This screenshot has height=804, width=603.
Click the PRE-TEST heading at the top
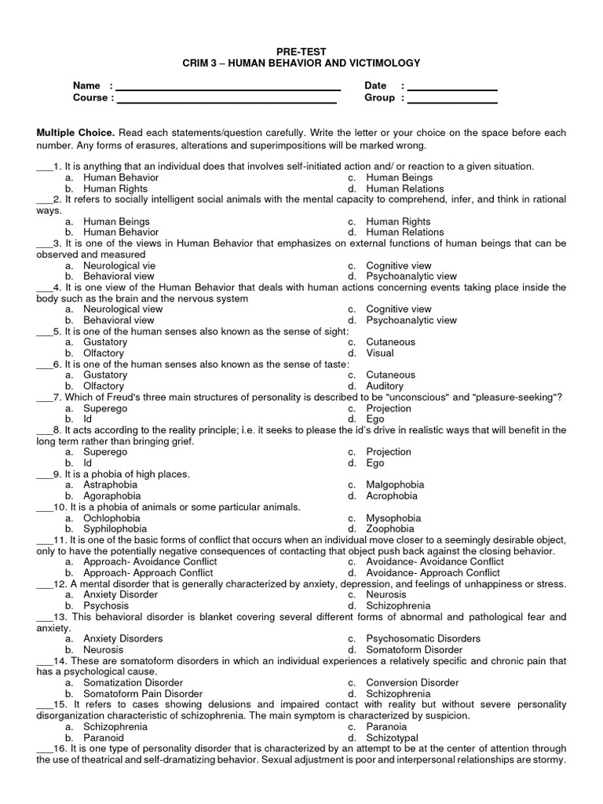click(x=301, y=51)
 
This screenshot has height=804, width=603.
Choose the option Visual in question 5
click(x=381, y=353)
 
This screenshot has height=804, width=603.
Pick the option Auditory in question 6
click(x=385, y=386)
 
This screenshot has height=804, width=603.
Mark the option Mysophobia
click(x=393, y=518)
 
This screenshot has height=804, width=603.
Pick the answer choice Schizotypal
click(x=392, y=738)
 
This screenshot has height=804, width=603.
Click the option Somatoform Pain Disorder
click(x=143, y=694)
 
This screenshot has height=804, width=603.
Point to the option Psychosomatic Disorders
click(x=423, y=639)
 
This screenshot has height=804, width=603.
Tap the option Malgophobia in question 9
click(x=394, y=485)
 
